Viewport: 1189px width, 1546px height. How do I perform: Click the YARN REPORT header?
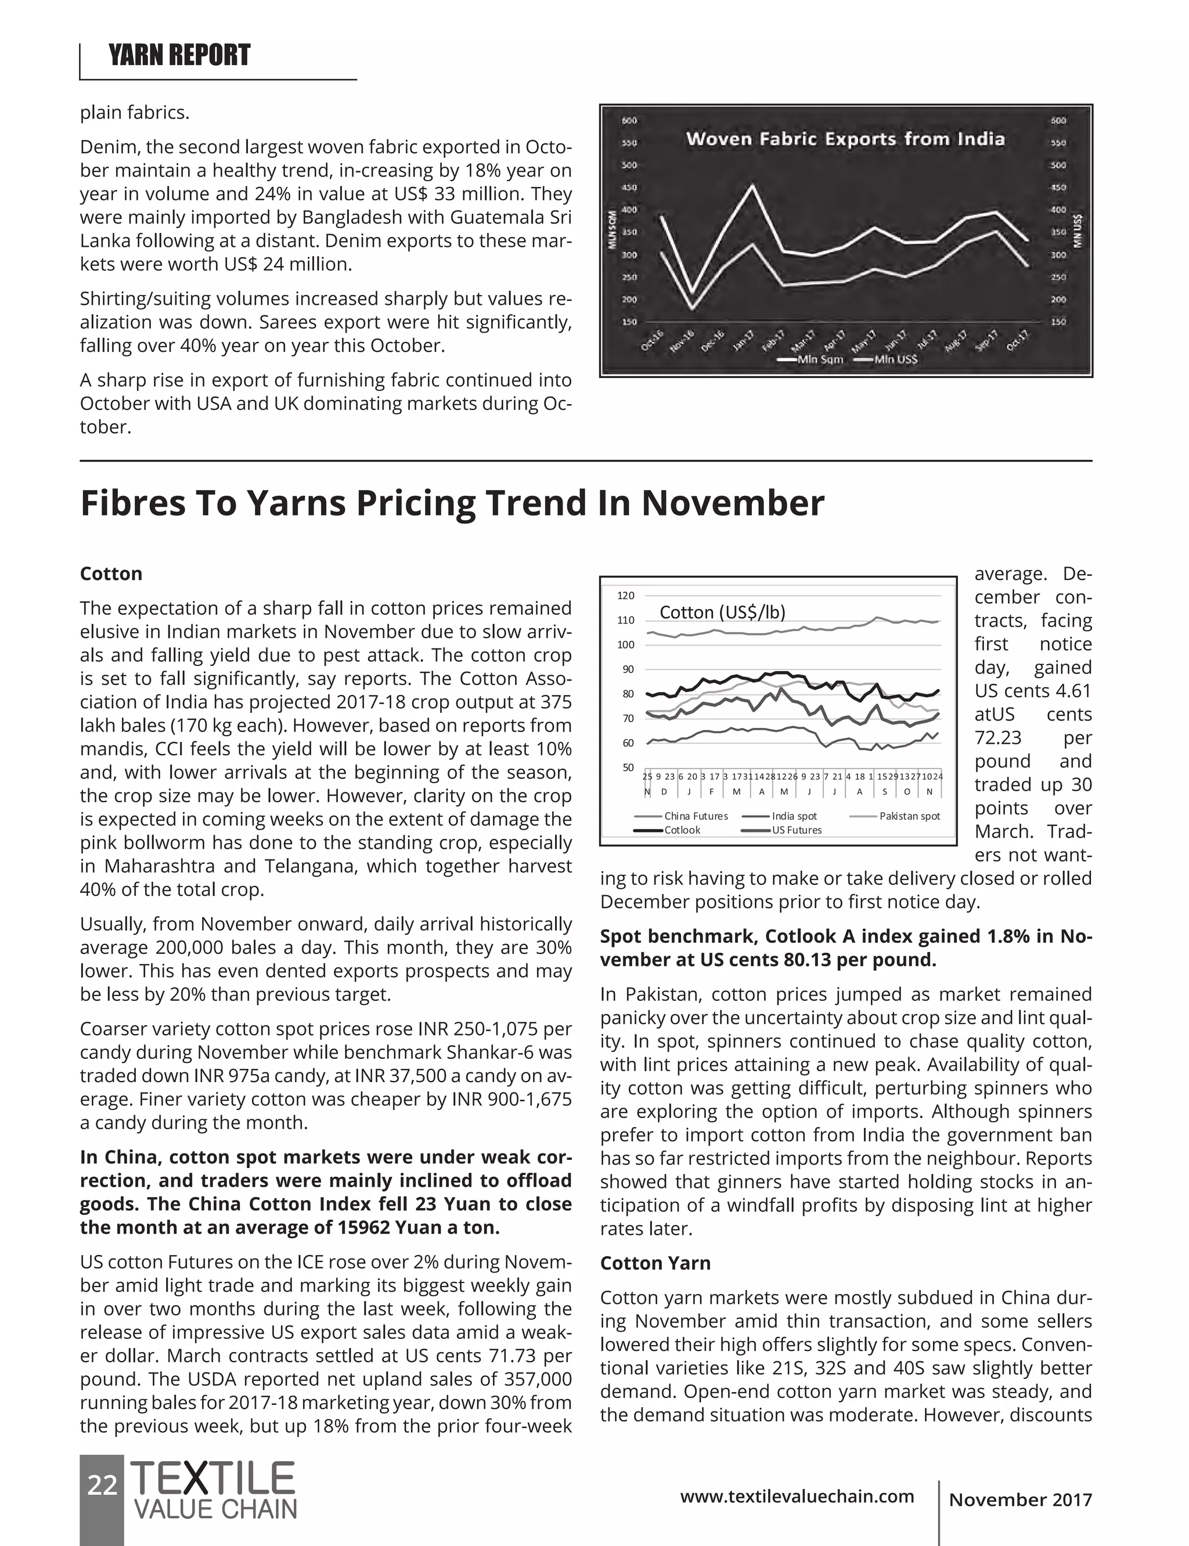(x=179, y=55)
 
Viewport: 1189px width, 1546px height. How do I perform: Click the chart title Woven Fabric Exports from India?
(x=845, y=139)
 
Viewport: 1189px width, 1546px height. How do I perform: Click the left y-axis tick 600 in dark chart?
(x=629, y=120)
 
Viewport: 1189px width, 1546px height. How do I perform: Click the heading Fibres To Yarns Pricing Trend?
(x=452, y=504)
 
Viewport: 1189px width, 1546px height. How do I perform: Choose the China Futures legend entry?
(x=695, y=816)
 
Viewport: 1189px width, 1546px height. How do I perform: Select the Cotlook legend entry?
(x=682, y=830)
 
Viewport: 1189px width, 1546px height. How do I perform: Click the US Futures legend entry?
(x=796, y=830)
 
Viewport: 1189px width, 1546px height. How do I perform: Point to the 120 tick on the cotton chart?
(x=626, y=596)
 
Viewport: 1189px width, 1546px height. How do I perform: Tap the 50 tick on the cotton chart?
(x=627, y=767)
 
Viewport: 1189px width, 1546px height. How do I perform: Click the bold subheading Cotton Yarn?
(x=655, y=1263)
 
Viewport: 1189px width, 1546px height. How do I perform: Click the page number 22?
(x=102, y=1485)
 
